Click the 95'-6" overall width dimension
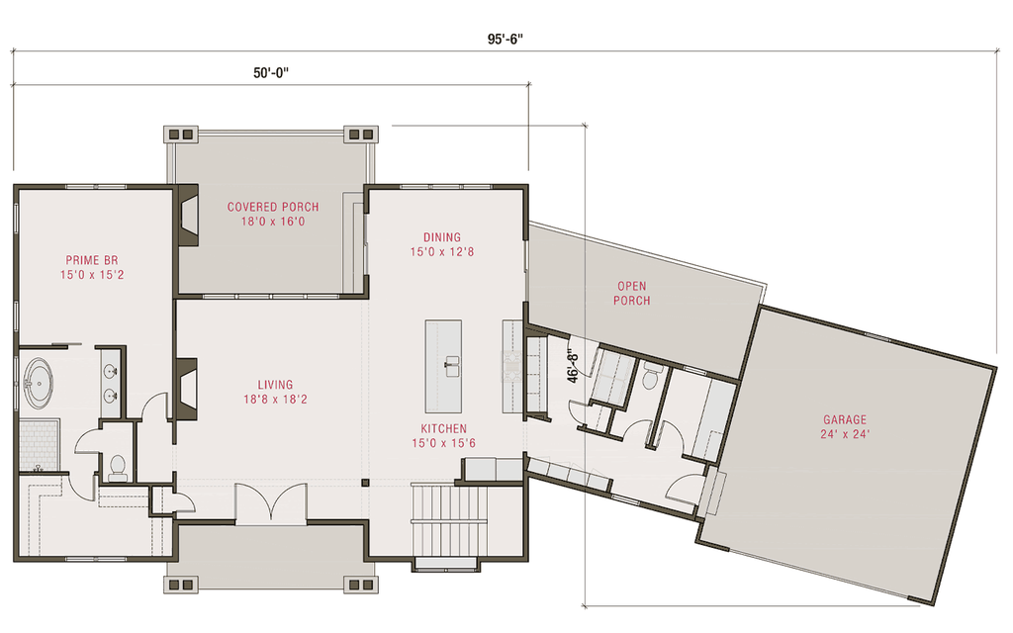(x=504, y=40)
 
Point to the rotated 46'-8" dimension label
(x=572, y=364)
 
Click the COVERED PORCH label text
(x=273, y=207)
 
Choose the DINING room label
(x=441, y=237)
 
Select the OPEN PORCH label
(x=631, y=294)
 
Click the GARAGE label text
(x=844, y=419)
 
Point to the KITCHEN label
(x=443, y=428)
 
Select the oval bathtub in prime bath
(x=38, y=384)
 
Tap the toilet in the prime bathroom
(x=117, y=465)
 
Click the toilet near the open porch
(x=652, y=375)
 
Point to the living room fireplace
(x=186, y=387)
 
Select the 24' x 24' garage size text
(x=844, y=434)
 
